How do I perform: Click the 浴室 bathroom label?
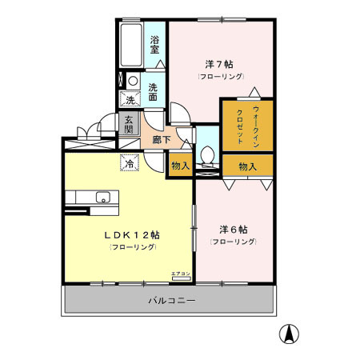click(154, 44)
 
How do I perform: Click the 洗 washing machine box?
click(129, 101)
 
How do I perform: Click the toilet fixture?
click(207, 154)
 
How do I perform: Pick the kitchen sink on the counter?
click(102, 198)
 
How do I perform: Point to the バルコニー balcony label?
click(170, 301)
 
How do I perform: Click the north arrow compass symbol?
click(286, 334)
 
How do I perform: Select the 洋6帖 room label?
click(234, 228)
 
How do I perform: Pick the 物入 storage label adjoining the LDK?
click(180, 166)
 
